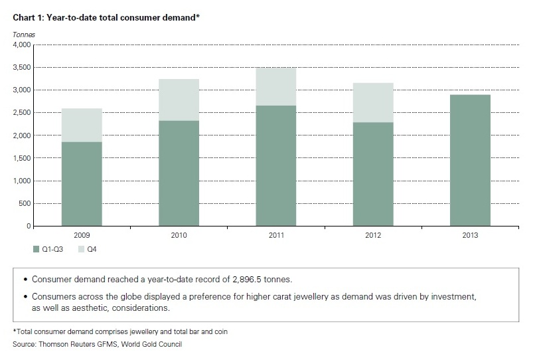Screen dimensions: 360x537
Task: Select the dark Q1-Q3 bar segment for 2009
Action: point(82,184)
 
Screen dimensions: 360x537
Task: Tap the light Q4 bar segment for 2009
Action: point(82,125)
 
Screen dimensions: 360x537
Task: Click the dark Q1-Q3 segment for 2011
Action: point(275,165)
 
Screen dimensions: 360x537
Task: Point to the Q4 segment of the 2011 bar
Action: point(275,86)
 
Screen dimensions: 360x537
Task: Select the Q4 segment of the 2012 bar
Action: point(372,102)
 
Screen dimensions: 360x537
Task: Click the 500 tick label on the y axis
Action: point(25,204)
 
